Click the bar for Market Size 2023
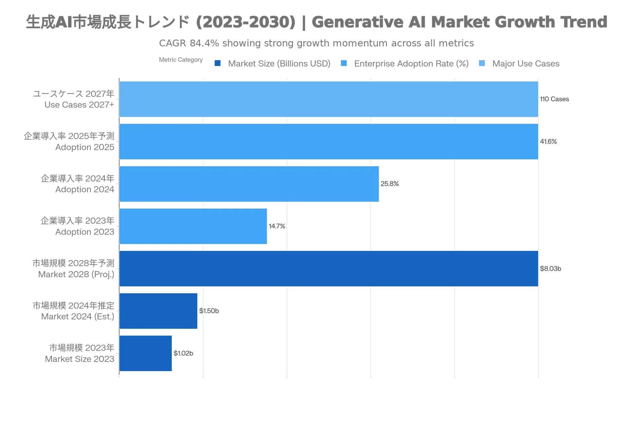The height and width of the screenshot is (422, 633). tap(145, 353)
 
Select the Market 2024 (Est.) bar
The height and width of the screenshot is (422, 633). tap(158, 311)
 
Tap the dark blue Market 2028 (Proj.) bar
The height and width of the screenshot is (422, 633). tap(329, 268)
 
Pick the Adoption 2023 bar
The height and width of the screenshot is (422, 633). tap(193, 226)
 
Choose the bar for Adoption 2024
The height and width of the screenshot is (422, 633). tap(249, 184)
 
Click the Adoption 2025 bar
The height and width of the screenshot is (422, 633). tap(329, 142)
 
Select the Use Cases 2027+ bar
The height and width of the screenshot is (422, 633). tap(329, 99)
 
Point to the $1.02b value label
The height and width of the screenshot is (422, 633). tap(183, 353)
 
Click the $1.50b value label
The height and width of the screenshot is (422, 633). tap(209, 311)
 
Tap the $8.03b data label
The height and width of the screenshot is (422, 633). tap(551, 268)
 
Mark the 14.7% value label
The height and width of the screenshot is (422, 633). tap(277, 226)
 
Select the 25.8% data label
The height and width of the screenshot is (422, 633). tap(390, 184)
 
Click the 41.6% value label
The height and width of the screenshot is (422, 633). tap(548, 142)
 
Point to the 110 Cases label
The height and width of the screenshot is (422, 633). tap(554, 99)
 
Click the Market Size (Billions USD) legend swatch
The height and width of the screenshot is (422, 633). tap(217, 63)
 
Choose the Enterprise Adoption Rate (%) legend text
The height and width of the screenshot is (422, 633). tap(411, 64)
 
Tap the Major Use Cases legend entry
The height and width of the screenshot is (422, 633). tap(526, 64)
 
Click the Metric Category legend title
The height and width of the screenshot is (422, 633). tap(181, 60)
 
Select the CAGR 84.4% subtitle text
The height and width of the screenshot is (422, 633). tap(316, 43)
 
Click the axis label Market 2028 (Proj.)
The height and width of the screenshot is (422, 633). tap(76, 274)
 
